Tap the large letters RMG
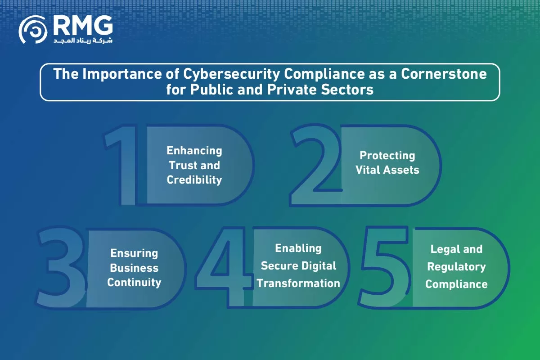[83, 26]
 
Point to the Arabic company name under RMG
[83, 40]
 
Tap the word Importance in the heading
[122, 74]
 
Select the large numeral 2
[316, 165]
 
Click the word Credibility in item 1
[194, 180]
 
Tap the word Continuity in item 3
[134, 283]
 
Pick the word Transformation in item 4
[298, 283]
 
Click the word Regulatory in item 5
[456, 267]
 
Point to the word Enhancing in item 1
[194, 151]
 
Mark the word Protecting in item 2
[387, 156]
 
